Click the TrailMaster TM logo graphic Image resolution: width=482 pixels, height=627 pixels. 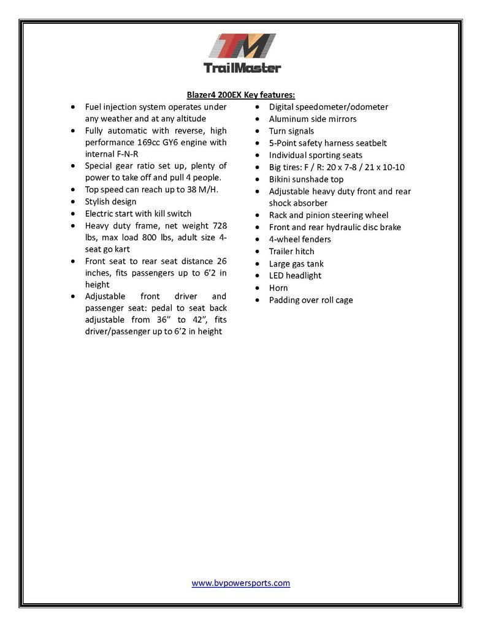pos(241,47)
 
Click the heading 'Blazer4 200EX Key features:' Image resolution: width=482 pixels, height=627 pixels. pos(241,95)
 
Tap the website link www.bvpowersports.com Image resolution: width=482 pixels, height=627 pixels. pos(241,583)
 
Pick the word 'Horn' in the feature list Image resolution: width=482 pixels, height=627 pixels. pos(278,288)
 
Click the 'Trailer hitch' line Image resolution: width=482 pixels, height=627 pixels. pos(291,252)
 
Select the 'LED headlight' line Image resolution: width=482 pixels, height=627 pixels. pos(295,276)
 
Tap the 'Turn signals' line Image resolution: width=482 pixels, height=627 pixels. pos(291,131)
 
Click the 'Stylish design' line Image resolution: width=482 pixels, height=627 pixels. pos(111,201)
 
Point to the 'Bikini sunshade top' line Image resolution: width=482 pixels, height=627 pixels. pos(306,179)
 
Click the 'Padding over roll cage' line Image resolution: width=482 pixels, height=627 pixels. pos(311,300)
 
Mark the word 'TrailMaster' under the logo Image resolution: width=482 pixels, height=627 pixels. pos(241,68)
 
